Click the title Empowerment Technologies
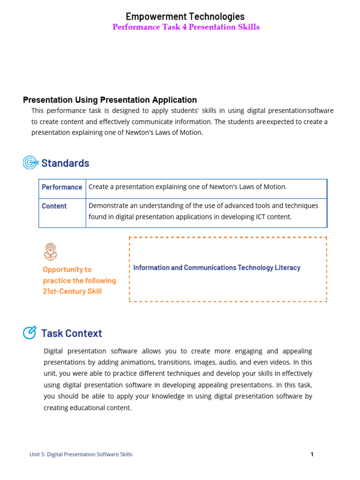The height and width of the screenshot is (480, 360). tap(185, 17)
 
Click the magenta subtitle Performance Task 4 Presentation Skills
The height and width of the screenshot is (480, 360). tap(186, 27)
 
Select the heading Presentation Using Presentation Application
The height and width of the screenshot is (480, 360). tap(110, 100)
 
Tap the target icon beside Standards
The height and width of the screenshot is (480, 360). tap(30, 163)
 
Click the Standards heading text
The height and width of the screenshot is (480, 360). tap(65, 163)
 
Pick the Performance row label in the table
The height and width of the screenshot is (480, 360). tap(62, 187)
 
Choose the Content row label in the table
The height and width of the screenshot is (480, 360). tap(54, 206)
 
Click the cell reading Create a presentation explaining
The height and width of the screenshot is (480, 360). tap(187, 187)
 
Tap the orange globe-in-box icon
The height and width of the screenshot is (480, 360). tap(50, 252)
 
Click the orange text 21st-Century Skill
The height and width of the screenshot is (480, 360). tap(72, 291)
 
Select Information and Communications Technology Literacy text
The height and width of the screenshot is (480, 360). tap(217, 268)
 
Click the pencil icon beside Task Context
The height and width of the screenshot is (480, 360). tap(30, 333)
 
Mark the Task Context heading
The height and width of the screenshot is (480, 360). tap(71, 333)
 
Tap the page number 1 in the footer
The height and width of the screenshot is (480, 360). tap(312, 454)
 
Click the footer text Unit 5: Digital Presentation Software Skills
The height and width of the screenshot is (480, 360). tap(81, 454)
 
